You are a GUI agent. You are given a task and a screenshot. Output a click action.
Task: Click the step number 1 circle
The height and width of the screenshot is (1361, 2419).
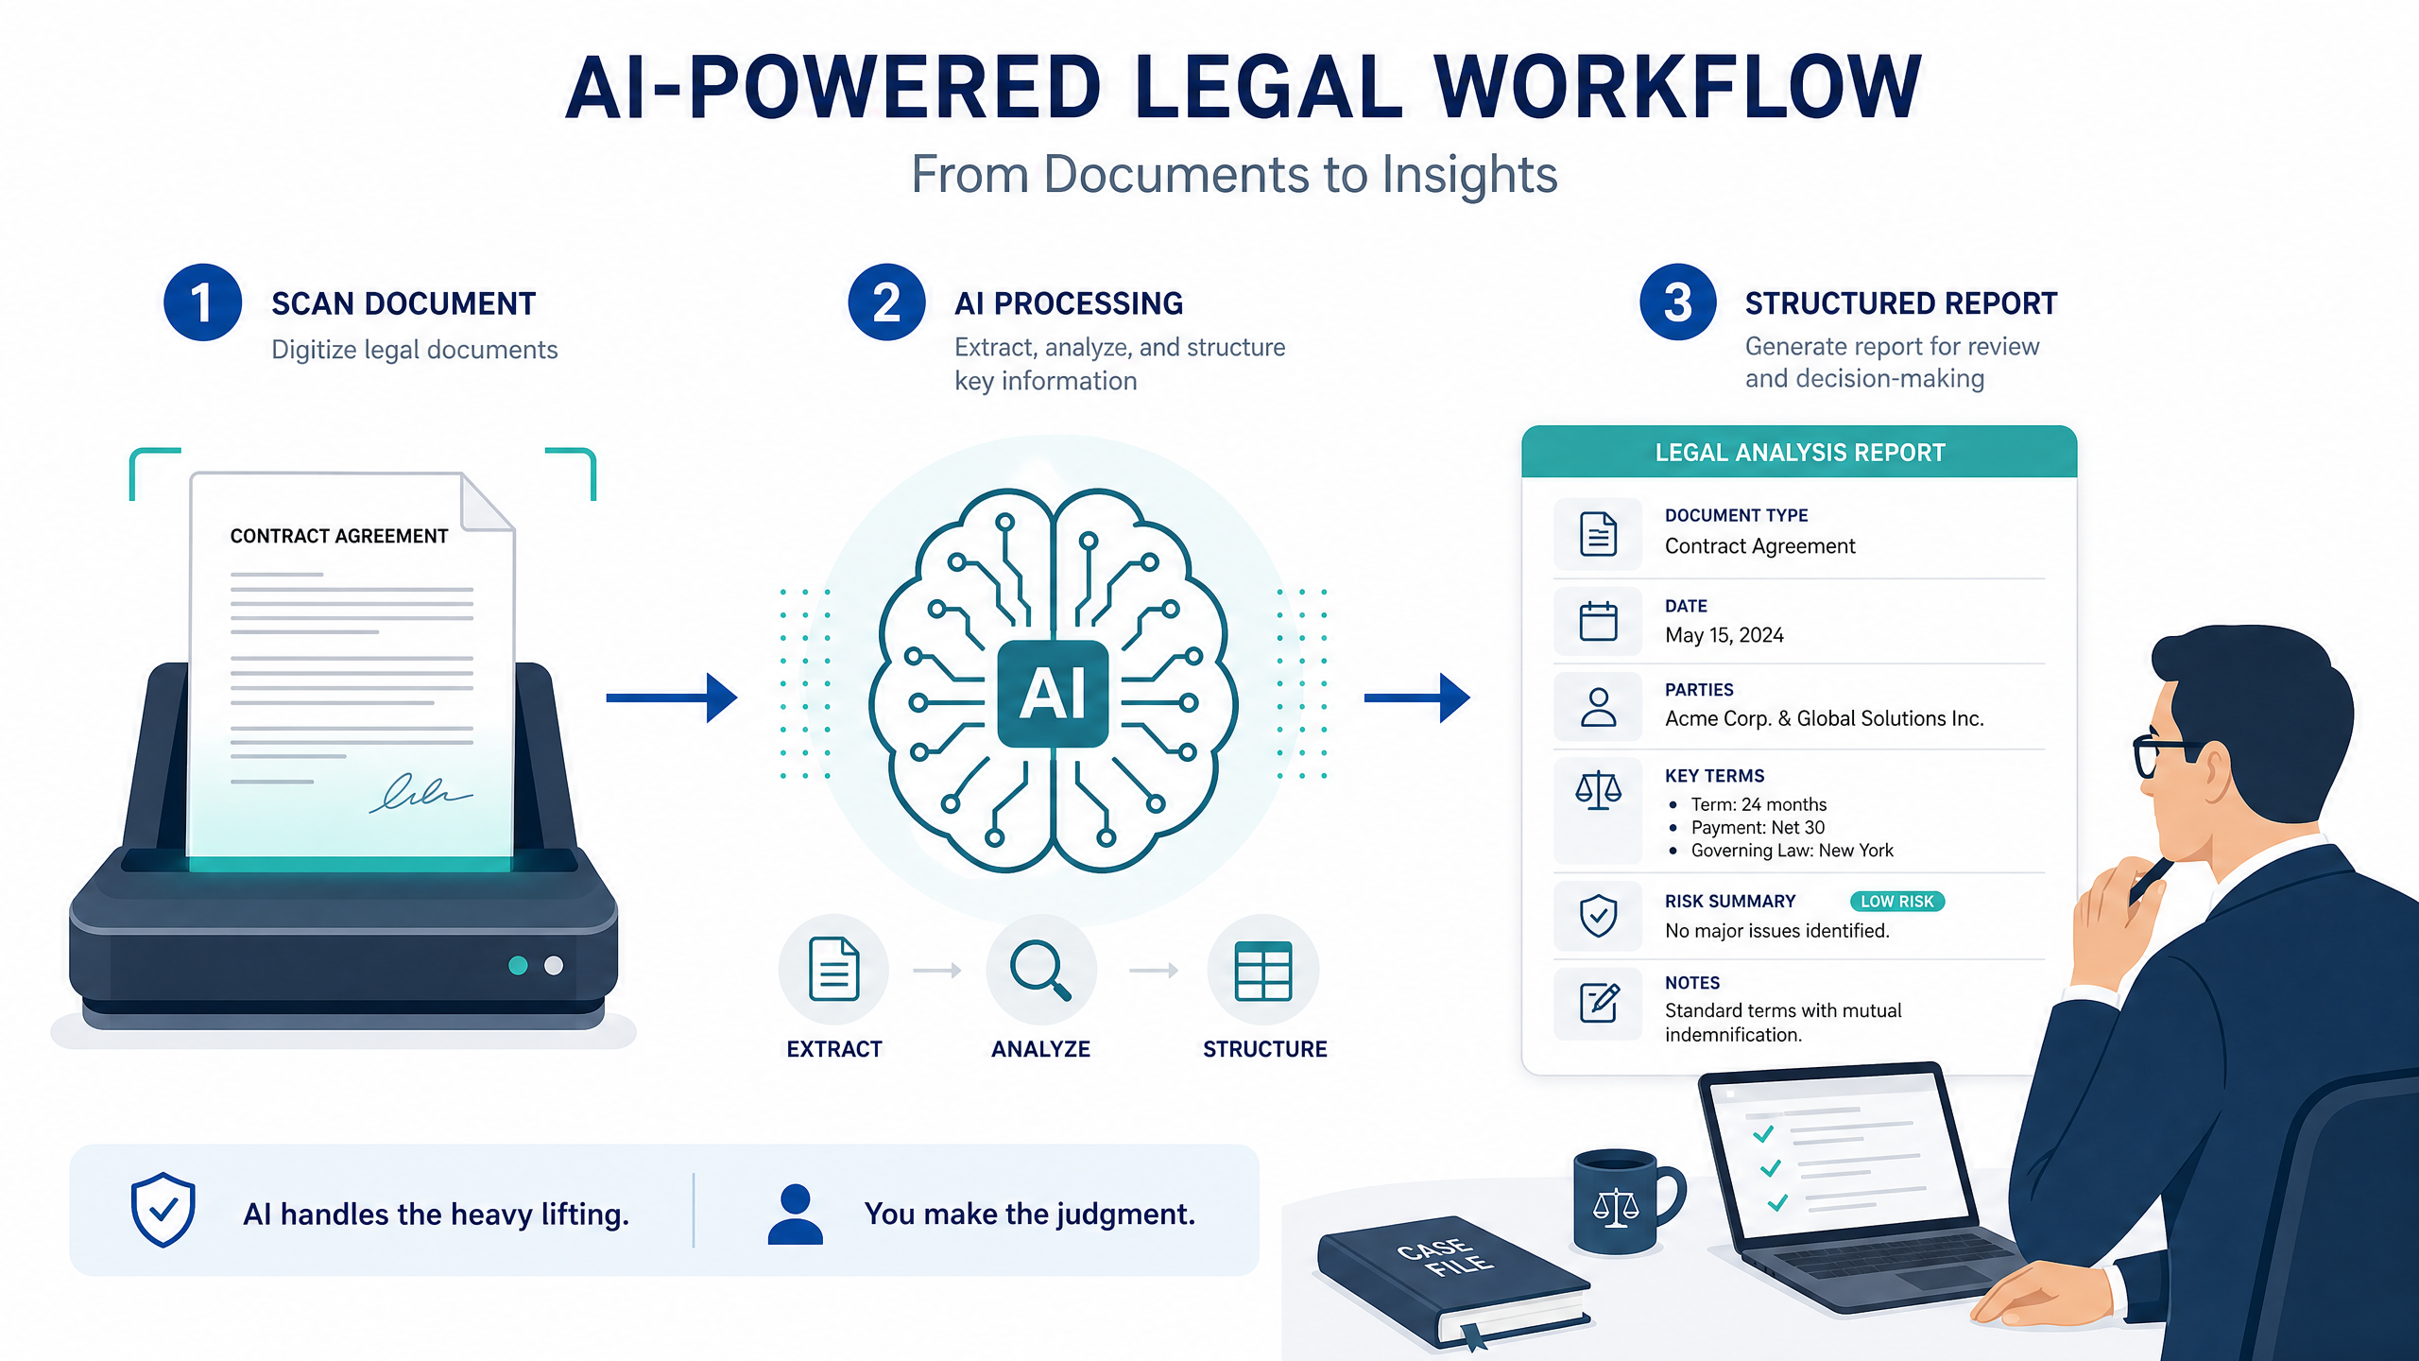click(x=202, y=302)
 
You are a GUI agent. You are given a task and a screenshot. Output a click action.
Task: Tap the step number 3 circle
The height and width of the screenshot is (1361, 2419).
click(x=1677, y=302)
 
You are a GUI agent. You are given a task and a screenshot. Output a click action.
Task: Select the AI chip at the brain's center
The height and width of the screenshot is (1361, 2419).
click(x=1053, y=694)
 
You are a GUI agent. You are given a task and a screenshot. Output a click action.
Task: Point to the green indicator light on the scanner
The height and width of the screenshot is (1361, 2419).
click(x=518, y=965)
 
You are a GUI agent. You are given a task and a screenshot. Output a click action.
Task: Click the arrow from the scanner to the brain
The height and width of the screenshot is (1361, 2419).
click(x=671, y=698)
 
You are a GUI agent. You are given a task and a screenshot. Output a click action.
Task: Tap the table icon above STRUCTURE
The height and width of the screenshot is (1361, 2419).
click(x=1263, y=971)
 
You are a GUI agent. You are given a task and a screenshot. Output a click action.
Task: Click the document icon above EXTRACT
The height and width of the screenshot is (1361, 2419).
click(x=834, y=969)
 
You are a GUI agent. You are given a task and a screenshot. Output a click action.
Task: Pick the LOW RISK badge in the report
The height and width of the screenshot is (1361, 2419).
click(x=1896, y=902)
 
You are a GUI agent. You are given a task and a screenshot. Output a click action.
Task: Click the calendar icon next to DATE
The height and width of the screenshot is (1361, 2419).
click(x=1598, y=621)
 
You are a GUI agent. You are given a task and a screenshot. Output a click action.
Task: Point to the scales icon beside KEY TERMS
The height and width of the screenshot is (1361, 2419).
click(x=1598, y=790)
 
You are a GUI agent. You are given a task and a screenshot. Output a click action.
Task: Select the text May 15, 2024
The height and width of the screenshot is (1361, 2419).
click(x=1724, y=635)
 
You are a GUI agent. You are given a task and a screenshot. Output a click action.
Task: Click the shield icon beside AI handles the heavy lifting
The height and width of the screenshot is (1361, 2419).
click(x=163, y=1210)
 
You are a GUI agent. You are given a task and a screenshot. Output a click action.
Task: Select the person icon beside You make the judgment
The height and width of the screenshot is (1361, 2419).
click(x=796, y=1215)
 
